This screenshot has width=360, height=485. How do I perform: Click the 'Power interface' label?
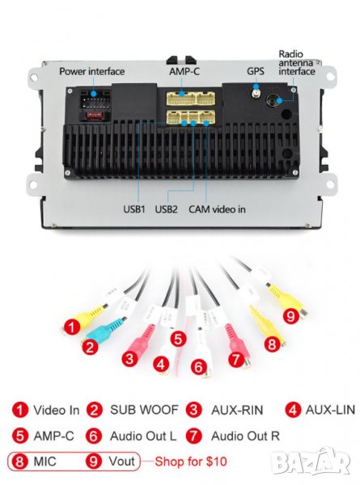[92, 71]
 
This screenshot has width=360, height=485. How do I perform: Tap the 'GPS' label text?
[256, 71]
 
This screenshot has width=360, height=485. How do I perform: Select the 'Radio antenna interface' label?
[297, 63]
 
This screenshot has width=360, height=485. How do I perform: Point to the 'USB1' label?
[134, 209]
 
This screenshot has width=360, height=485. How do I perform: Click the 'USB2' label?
[166, 209]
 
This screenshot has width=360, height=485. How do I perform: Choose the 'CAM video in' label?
[217, 209]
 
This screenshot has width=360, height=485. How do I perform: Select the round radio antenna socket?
[273, 100]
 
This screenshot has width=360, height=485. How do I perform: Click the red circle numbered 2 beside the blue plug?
[90, 347]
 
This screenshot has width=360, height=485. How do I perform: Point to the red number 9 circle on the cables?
[290, 316]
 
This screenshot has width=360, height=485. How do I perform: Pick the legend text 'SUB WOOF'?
[144, 410]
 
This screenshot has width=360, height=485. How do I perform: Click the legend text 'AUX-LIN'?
[330, 410]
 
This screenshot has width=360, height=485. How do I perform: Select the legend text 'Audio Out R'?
[245, 436]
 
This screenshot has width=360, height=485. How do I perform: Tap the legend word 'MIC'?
[44, 462]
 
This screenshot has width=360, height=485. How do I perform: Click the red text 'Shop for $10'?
[191, 462]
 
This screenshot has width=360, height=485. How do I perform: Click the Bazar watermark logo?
[311, 462]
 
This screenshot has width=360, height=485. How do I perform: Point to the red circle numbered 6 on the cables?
[198, 367]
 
